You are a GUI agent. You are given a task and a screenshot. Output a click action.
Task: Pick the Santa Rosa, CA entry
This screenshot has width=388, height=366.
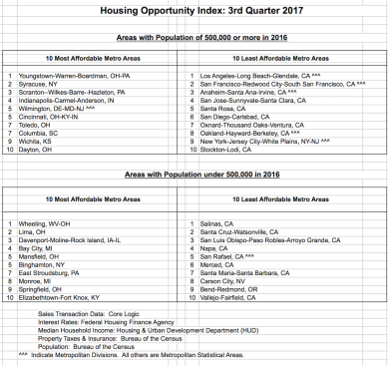(x=222, y=110)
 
